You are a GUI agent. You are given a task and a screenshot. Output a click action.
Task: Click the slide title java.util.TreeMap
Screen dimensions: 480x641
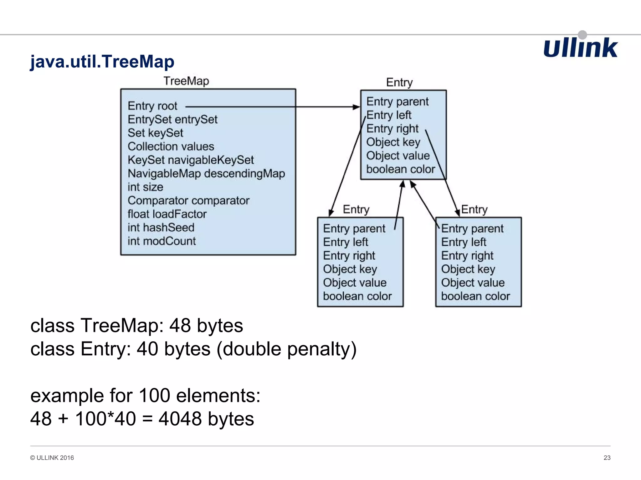pyautogui.click(x=102, y=62)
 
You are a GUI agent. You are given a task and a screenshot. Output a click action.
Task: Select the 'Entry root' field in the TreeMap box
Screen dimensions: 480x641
pyautogui.click(x=152, y=106)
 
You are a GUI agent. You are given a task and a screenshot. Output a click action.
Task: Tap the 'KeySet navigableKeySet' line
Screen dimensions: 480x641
pyautogui.click(x=191, y=160)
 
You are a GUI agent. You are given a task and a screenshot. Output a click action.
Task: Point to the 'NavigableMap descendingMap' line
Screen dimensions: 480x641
pyautogui.click(x=206, y=173)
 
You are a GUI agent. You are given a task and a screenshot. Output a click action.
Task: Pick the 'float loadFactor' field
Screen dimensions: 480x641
pyautogui.click(x=167, y=214)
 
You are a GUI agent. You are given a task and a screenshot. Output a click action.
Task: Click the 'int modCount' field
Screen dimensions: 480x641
pyautogui.click(x=162, y=241)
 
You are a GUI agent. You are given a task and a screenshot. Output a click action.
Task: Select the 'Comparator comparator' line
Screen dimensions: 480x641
pyautogui.click(x=188, y=200)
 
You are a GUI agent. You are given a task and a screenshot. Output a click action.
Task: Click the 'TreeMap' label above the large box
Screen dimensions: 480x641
pyautogui.click(x=186, y=81)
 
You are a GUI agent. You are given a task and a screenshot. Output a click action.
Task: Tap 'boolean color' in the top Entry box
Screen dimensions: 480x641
pyautogui.click(x=400, y=169)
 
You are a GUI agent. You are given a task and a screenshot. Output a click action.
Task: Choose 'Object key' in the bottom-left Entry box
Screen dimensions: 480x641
pyautogui.click(x=350, y=269)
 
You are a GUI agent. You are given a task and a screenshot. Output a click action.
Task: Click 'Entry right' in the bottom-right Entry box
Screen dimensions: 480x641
pyautogui.click(x=467, y=256)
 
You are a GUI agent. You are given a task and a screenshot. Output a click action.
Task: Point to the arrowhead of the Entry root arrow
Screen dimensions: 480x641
pyautogui.click(x=357, y=107)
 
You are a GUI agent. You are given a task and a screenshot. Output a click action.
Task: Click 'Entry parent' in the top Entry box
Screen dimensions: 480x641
pyautogui.click(x=397, y=102)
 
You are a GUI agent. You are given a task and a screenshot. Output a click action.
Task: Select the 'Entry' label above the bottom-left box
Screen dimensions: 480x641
pyautogui.click(x=356, y=209)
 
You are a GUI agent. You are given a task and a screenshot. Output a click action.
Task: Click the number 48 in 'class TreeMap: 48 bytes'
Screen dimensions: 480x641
pyautogui.click(x=180, y=325)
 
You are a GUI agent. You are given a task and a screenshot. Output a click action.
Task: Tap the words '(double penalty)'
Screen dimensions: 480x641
pyautogui.click(x=286, y=349)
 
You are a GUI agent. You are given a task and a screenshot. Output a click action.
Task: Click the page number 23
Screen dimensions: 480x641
pyautogui.click(x=607, y=457)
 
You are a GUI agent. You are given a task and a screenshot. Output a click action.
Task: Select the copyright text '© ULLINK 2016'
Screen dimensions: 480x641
pyautogui.click(x=52, y=457)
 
